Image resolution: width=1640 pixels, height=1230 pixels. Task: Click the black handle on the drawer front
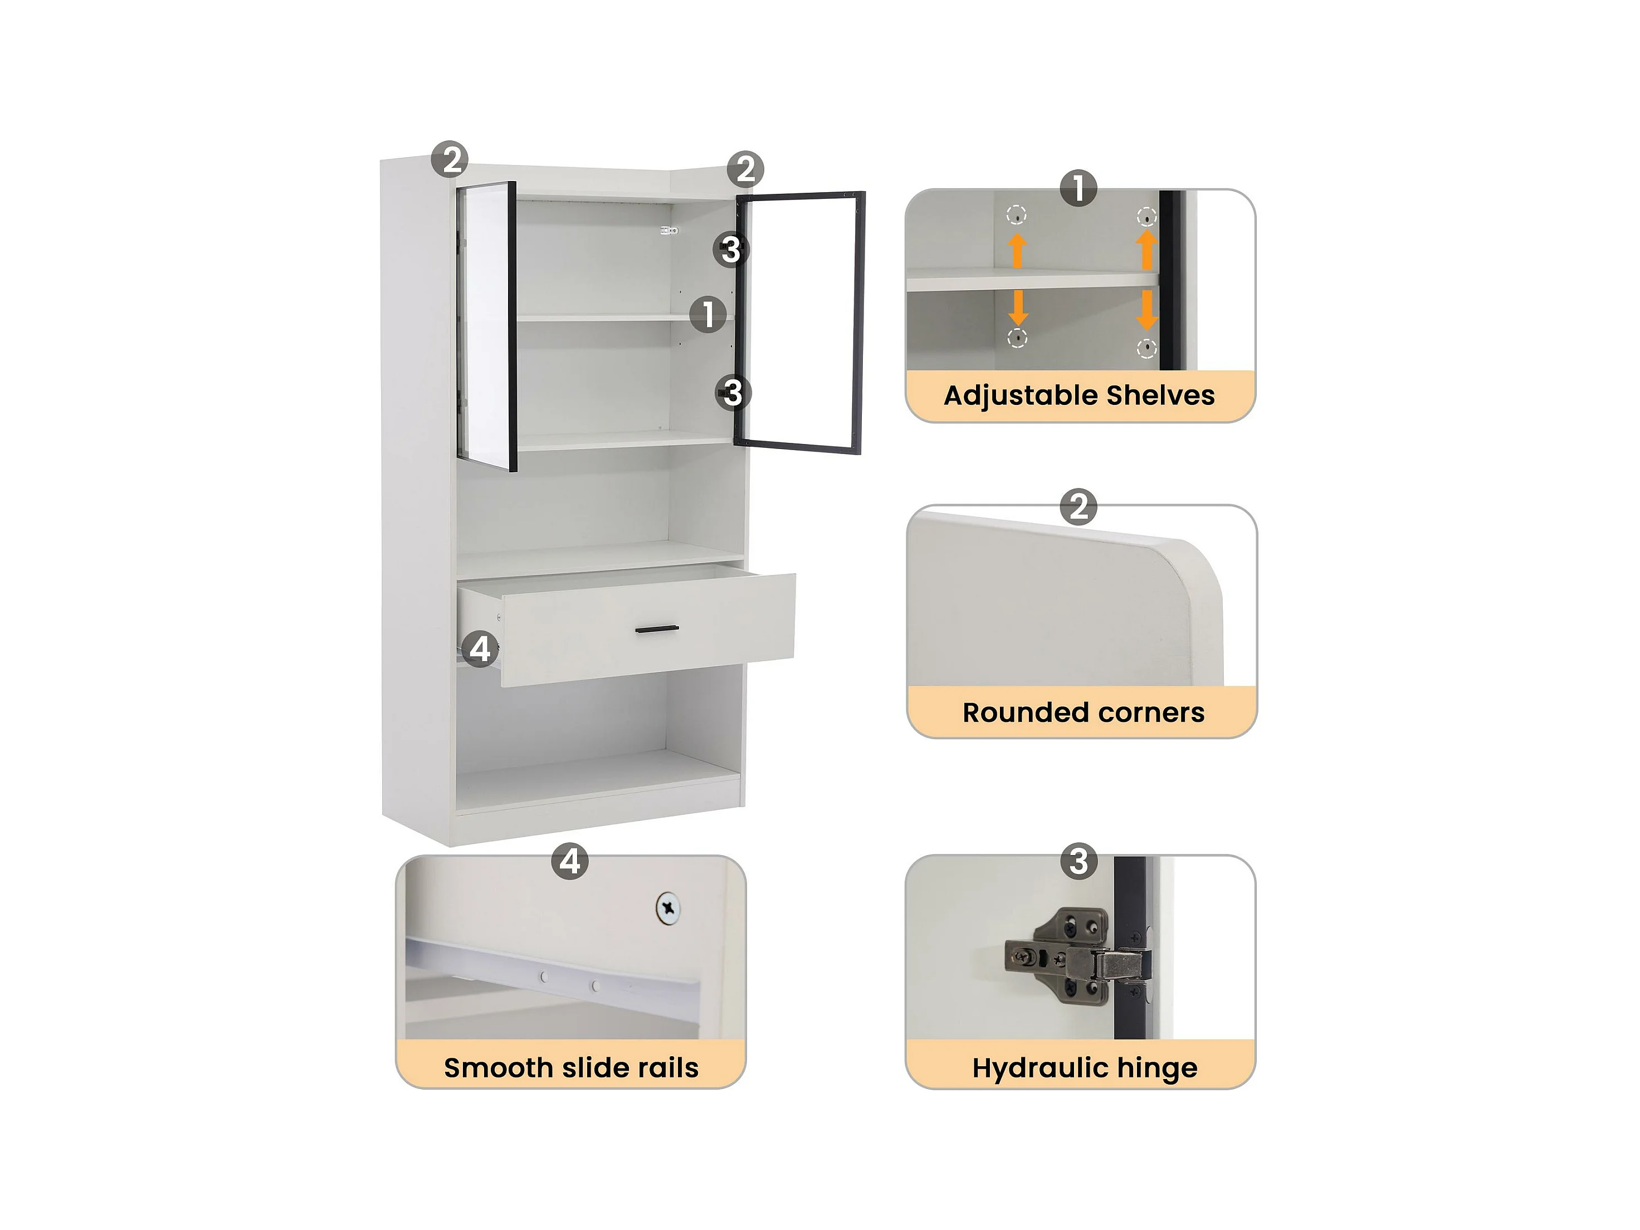tap(657, 629)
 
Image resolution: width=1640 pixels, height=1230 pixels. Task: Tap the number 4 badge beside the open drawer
tap(480, 649)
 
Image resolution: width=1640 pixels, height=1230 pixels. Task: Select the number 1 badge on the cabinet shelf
tap(708, 314)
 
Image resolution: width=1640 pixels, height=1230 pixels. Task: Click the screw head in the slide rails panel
tap(668, 907)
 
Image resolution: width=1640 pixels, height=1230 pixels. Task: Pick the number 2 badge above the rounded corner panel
tap(1078, 507)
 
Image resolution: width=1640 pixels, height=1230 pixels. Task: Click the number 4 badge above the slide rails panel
tap(570, 862)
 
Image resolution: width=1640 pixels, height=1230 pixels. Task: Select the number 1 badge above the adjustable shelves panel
tap(1078, 188)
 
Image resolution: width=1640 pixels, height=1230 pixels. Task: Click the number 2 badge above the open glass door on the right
tap(745, 169)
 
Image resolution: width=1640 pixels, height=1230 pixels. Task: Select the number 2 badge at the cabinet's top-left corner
tap(450, 159)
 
